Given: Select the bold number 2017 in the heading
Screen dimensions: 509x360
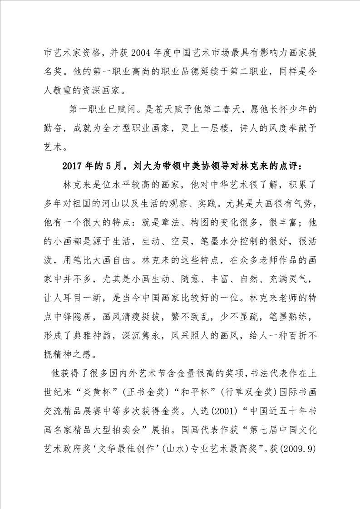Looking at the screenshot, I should pyautogui.click(x=74, y=165).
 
